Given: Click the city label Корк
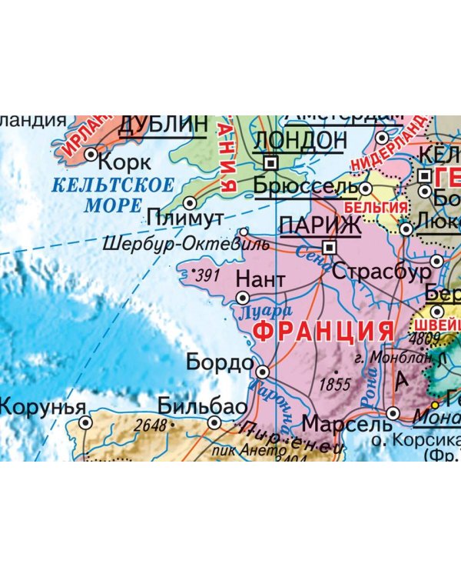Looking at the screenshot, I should point(126,162).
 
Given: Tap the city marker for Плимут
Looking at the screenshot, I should point(191,202).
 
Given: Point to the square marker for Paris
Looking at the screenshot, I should point(330,247).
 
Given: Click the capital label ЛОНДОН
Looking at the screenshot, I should point(300,141).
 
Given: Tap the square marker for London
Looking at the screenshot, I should point(270,163).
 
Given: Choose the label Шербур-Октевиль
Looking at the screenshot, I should point(187,245).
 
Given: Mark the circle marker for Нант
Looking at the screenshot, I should point(243,297).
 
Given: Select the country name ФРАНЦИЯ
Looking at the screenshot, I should point(323,332).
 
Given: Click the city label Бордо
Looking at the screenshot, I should point(220,362).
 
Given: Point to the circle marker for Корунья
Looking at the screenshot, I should point(85,422).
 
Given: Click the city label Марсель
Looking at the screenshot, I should point(347,424).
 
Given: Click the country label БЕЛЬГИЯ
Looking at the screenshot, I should point(375,208).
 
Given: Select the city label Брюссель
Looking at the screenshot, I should point(304,187).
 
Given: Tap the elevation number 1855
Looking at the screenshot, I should point(334,384).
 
